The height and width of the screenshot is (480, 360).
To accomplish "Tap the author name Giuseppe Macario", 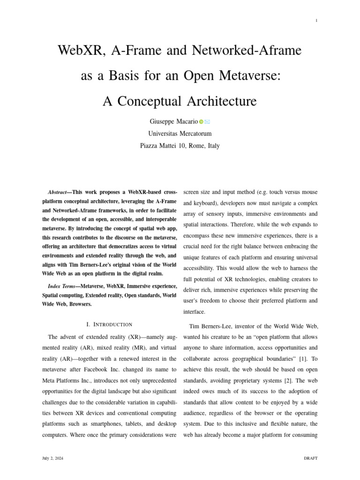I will [174, 121].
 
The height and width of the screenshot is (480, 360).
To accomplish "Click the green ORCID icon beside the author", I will [201, 122].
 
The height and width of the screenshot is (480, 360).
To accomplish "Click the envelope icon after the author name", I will [207, 122].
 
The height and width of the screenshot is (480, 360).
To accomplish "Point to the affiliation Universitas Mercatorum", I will [180, 134].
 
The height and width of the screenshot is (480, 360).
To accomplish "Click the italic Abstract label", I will [57, 192].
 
